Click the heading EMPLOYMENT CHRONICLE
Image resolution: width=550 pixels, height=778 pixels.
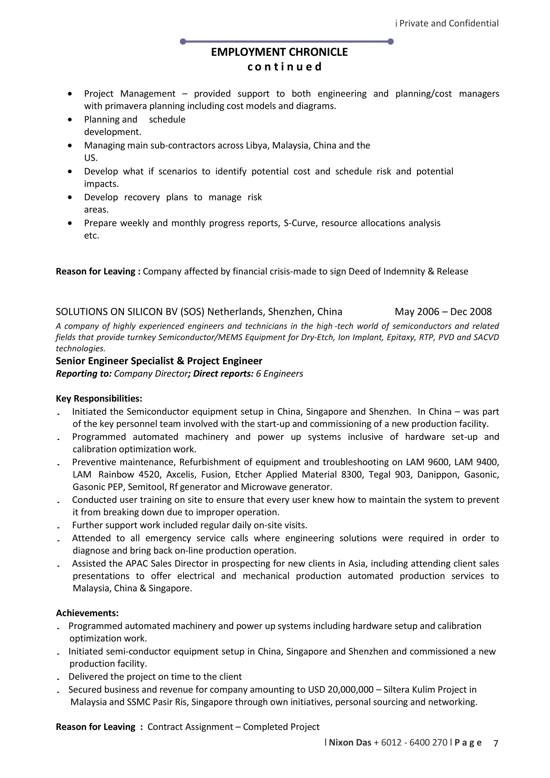(x=279, y=52)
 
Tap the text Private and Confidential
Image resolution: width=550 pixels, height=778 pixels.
(x=449, y=23)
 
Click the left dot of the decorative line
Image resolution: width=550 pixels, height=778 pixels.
(x=183, y=42)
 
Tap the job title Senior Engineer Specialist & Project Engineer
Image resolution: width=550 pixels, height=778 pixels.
(x=159, y=361)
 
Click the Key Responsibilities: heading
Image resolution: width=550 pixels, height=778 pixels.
(x=99, y=398)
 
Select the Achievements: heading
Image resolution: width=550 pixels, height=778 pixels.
(x=87, y=613)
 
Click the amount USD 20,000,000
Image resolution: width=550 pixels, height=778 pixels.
(x=341, y=690)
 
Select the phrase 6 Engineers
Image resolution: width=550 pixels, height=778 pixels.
(x=280, y=373)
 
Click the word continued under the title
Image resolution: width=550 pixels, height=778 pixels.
(x=284, y=67)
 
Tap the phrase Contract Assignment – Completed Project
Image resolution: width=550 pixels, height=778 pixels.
(x=233, y=727)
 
